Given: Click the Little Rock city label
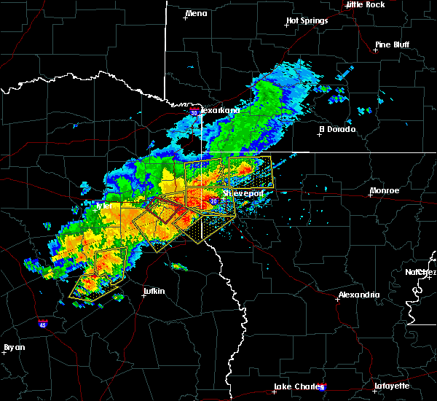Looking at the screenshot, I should click(x=365, y=4).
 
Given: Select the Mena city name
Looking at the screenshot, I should click(x=196, y=13).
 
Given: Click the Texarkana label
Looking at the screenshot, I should click(x=219, y=110).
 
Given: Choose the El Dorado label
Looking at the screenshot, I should click(x=337, y=129).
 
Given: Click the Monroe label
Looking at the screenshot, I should click(x=384, y=191).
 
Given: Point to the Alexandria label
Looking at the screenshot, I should click(x=358, y=295).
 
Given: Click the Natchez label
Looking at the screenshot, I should click(x=421, y=272).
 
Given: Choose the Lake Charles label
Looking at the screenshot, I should click(x=295, y=386).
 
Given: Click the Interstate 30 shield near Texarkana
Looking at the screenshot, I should click(x=194, y=112).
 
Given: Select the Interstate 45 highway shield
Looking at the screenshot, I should click(x=43, y=321).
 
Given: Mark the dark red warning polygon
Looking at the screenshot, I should click(x=163, y=212).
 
